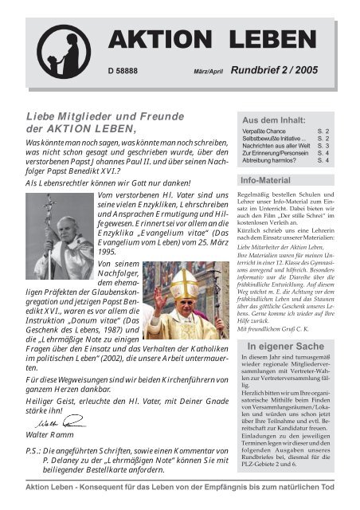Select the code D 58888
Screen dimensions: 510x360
[125, 70]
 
